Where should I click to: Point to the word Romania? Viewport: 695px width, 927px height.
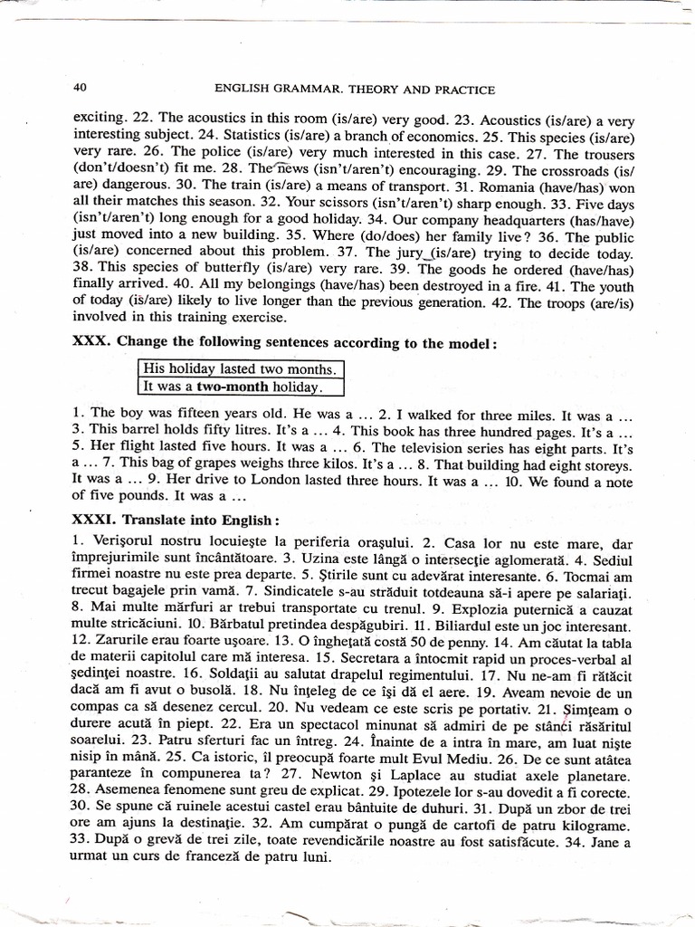[x=528, y=186]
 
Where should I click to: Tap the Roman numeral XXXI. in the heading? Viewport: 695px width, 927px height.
[x=91, y=521]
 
